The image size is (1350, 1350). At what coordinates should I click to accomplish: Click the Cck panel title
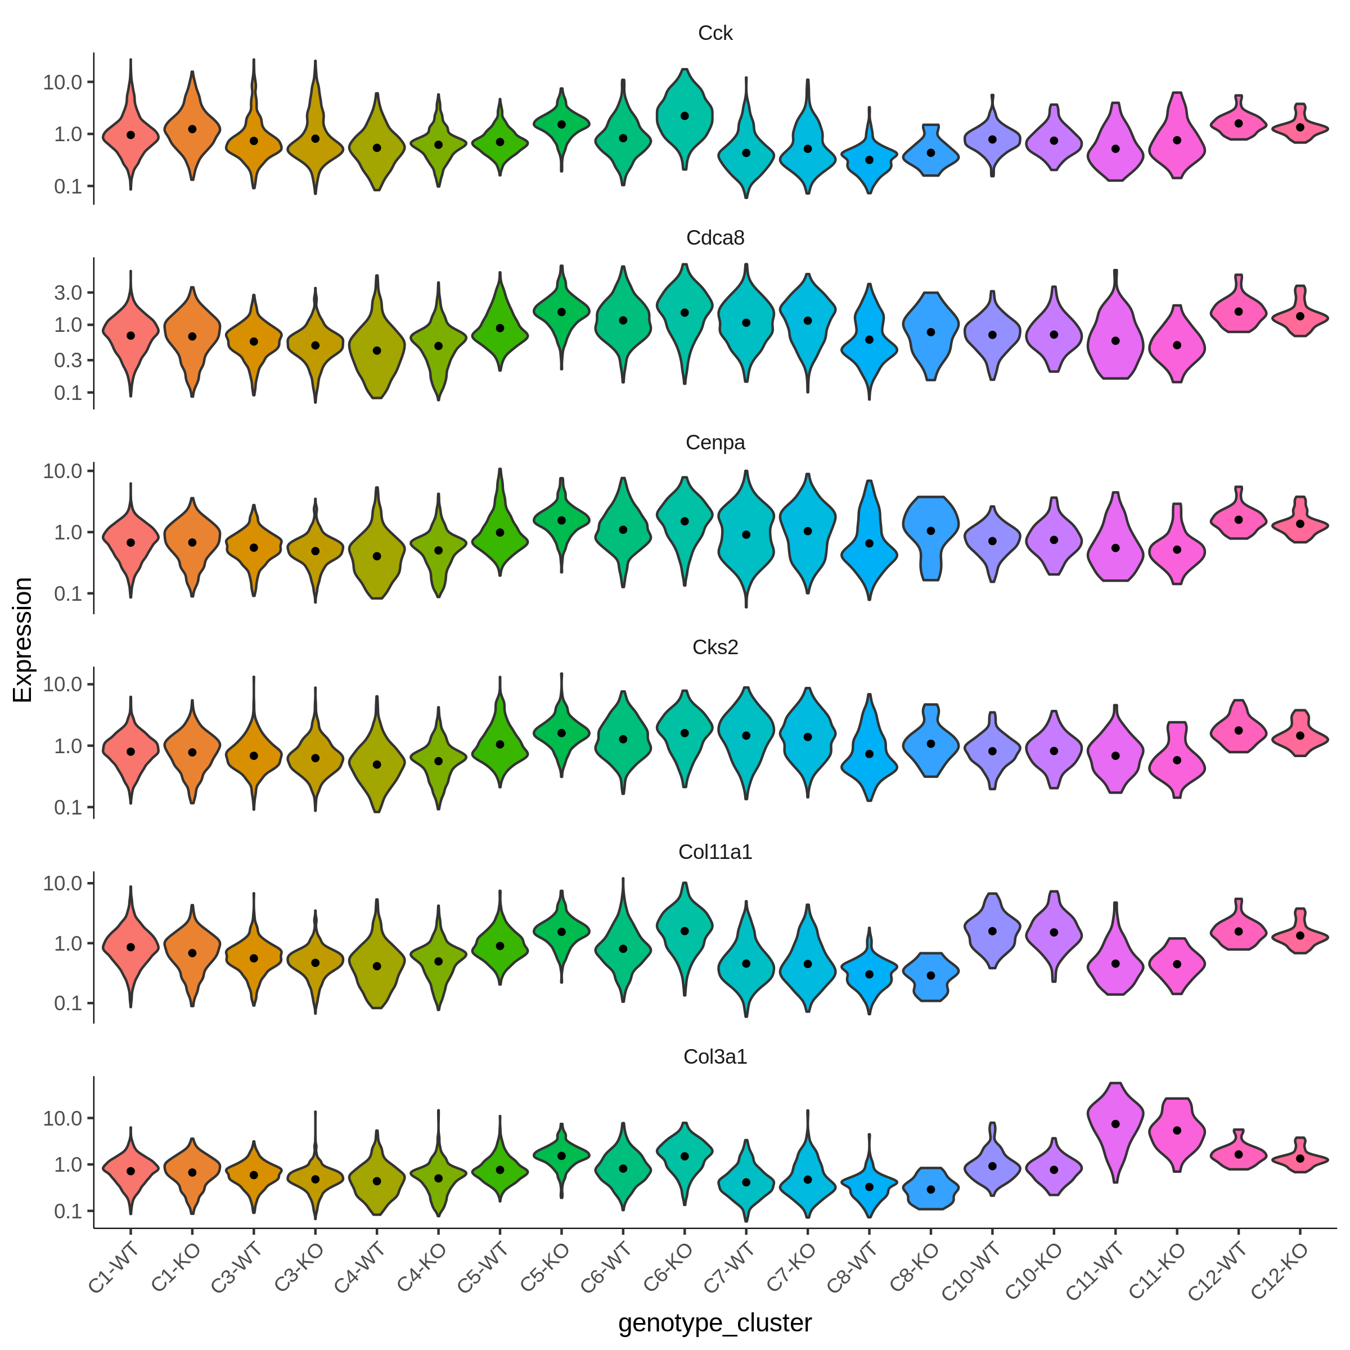click(715, 34)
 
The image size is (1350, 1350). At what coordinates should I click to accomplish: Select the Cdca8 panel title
click(715, 238)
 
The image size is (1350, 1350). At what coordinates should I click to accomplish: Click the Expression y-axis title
click(23, 640)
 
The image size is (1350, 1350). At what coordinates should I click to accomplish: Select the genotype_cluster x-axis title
click(715, 1323)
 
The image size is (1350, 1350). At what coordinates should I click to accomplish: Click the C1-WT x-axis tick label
click(113, 1269)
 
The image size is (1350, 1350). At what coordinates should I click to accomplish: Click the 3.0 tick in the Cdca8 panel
click(69, 292)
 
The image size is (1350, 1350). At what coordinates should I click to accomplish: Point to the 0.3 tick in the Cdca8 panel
click(69, 360)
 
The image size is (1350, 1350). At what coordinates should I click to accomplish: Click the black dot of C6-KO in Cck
click(685, 116)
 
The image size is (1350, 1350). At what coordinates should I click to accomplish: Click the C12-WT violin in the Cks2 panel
click(1238, 727)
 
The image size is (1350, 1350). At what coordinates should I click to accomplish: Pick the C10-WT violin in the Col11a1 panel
click(992, 930)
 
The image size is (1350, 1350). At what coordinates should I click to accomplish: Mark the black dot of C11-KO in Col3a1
click(1177, 1131)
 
